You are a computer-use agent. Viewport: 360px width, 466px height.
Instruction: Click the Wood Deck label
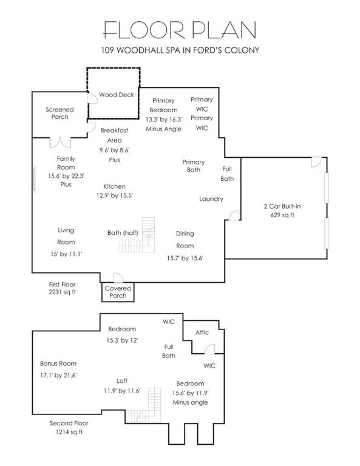117,95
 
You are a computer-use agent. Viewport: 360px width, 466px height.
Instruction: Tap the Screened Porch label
59,113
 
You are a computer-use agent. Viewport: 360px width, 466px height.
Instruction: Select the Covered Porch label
118,292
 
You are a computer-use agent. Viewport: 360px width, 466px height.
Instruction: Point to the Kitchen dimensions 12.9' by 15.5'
115,195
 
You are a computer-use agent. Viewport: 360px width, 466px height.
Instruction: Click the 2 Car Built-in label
282,206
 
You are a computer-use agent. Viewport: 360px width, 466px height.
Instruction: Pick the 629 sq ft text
282,215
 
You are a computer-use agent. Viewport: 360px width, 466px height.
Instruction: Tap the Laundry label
211,199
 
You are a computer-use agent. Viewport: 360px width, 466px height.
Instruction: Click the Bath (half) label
123,233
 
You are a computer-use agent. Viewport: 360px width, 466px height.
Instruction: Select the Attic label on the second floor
202,333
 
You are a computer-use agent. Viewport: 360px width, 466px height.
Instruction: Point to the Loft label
122,380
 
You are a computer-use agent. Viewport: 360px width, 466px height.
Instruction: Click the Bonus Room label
58,363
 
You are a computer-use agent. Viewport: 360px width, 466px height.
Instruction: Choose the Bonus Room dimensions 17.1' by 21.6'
58,376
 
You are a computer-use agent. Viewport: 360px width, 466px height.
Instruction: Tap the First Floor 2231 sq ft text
62,288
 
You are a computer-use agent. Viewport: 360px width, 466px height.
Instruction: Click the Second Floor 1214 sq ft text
69,428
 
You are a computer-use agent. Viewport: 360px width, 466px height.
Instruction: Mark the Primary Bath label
194,166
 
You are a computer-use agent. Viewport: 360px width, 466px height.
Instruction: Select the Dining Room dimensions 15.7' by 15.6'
185,258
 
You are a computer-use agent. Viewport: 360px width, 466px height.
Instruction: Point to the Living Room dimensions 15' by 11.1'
66,254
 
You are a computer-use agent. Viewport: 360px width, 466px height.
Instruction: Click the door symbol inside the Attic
210,349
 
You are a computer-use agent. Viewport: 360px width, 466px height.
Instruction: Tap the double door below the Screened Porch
60,143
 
